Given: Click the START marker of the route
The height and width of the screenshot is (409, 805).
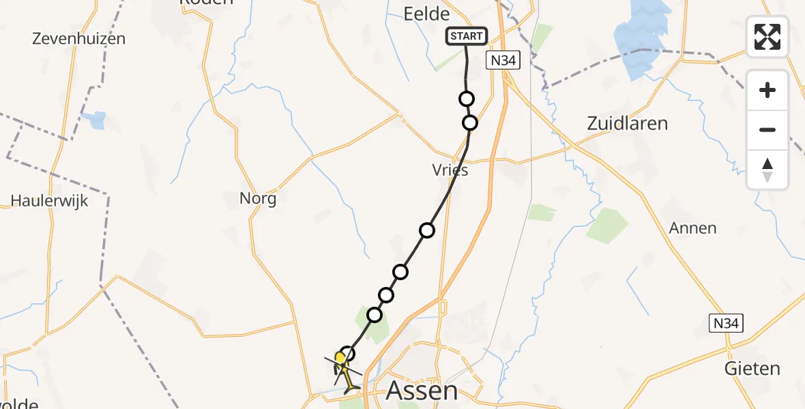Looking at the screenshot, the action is point(467,36).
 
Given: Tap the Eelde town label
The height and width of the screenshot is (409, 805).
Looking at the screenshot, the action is point(426,14).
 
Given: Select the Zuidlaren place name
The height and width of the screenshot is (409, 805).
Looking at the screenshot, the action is point(627,123).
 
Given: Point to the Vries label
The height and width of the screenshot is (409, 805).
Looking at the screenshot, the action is point(450,170).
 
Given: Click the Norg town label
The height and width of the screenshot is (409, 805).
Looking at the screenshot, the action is point(258,198).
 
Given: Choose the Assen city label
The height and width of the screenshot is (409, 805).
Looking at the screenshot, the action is point(422,391).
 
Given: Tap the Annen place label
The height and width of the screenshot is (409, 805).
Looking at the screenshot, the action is point(693,228).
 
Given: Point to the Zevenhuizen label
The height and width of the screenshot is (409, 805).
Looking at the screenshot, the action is point(79,38).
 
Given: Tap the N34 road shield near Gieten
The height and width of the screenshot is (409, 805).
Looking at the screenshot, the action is point(724,323).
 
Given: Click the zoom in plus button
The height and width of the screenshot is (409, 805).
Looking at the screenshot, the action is point(767,90).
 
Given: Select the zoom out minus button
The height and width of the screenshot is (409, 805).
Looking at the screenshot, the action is point(767,130).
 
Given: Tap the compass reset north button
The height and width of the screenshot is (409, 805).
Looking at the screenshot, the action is point(767,169).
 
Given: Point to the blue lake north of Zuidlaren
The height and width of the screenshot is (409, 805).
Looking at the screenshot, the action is point(639,41).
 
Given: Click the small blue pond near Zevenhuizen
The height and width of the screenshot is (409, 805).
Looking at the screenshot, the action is point(96,120).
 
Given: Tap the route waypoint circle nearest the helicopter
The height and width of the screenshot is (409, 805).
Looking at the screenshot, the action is point(348,354).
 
